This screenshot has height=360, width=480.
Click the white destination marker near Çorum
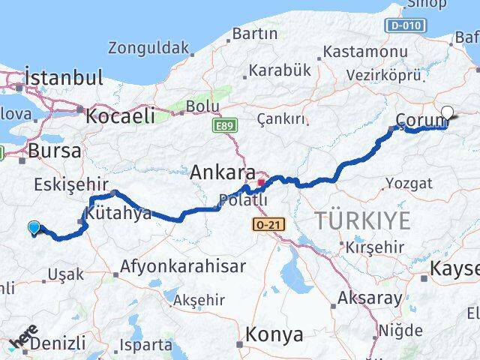click(x=448, y=114)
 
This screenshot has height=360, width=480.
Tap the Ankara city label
click(x=223, y=172)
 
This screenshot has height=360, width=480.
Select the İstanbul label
click(x=64, y=77)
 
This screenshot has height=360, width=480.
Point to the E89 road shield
click(x=223, y=126)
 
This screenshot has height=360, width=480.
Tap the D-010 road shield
click(x=406, y=25)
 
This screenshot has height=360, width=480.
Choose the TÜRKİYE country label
click(x=362, y=221)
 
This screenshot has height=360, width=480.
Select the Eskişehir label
click(x=68, y=185)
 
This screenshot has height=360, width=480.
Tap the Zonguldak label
click(x=148, y=48)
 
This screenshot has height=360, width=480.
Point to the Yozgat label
click(x=409, y=183)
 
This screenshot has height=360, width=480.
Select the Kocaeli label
click(x=120, y=115)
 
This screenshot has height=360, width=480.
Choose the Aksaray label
click(x=370, y=297)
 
